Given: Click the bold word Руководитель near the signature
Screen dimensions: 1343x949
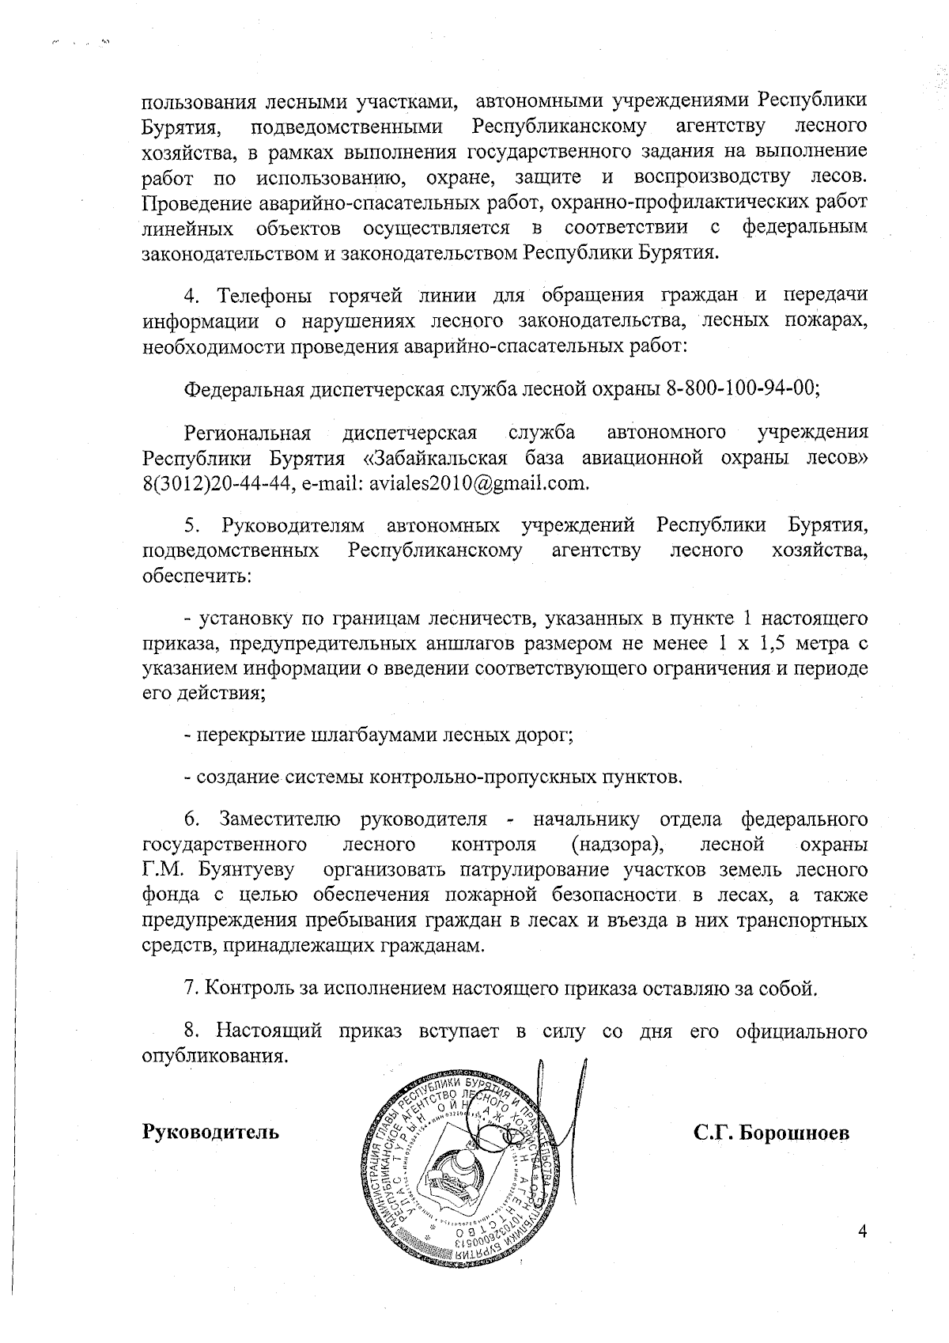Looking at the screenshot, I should (210, 1132).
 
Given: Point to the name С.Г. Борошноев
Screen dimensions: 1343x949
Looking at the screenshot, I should (772, 1133).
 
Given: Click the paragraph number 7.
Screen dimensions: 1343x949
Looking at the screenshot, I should (189, 988).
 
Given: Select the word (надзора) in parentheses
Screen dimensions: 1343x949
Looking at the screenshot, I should (614, 844).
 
